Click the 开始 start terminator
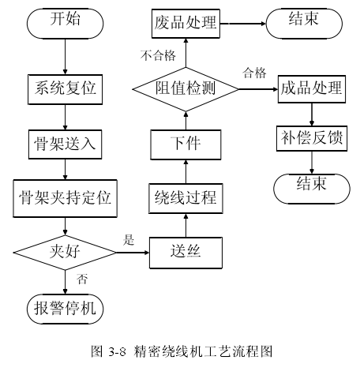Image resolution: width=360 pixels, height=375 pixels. tap(64, 21)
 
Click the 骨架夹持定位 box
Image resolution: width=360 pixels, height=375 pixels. tap(65, 197)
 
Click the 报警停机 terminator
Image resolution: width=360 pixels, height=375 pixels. tap(65, 307)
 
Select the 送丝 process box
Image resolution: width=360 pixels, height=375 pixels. tap(185, 253)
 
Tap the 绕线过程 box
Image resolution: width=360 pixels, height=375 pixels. tap(185, 197)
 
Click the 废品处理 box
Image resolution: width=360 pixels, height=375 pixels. tap(185, 23)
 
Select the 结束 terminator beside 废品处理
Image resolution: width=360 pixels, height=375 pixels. tap(303, 21)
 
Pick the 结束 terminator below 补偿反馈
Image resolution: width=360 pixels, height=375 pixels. tap(311, 185)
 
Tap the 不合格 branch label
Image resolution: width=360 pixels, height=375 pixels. tap(157, 56)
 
